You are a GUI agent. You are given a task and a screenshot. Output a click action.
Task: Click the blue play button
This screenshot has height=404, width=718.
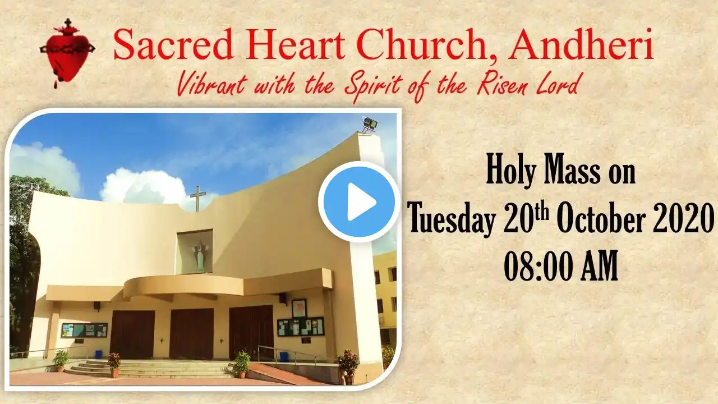359,201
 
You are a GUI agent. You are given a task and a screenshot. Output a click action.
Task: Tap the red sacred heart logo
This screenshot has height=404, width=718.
67,53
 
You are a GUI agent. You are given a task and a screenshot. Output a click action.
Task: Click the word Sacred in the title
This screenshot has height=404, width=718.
173,45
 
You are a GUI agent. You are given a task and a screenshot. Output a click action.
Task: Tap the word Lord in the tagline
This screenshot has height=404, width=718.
558,83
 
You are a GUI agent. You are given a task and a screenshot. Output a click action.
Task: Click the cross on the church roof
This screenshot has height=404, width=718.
198,199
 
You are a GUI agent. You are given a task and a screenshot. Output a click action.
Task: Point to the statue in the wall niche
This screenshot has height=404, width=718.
200,255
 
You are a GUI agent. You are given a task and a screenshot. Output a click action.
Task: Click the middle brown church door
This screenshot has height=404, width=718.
191,334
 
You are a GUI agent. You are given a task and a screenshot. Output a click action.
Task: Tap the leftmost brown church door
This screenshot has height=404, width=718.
132,334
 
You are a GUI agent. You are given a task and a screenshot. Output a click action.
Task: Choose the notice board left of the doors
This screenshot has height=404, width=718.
84,330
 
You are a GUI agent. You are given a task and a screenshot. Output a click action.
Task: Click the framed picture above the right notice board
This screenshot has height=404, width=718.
299,309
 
